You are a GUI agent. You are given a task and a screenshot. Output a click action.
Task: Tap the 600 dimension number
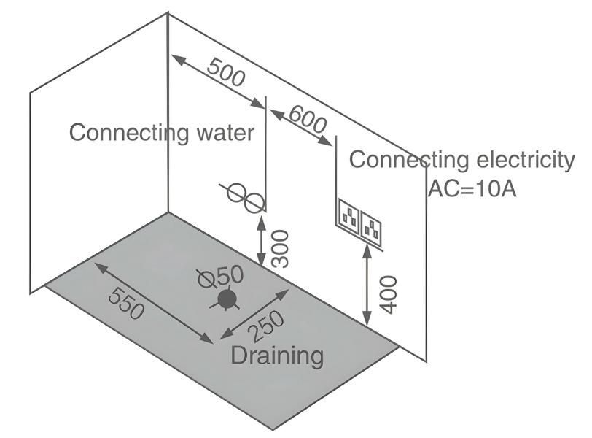pyautogui.click(x=308, y=119)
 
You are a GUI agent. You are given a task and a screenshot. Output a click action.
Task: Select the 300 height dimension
pyautogui.click(x=279, y=248)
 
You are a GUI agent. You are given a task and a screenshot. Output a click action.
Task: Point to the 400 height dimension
pyautogui.click(x=389, y=293)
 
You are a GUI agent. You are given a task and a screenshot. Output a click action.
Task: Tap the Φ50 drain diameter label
pyautogui.click(x=221, y=276)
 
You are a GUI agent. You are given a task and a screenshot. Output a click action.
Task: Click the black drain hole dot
pyautogui.click(x=227, y=298)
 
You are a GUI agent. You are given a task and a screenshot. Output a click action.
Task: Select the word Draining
pyautogui.click(x=277, y=356)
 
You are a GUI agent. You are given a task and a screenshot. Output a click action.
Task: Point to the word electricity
pyautogui.click(x=522, y=160)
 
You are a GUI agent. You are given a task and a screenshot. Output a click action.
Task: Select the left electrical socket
pyautogui.click(x=349, y=213)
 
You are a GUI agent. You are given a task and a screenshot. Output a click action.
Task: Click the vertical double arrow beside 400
pyautogui.click(x=365, y=285)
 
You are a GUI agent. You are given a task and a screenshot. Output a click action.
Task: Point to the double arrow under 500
pyautogui.click(x=217, y=81)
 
